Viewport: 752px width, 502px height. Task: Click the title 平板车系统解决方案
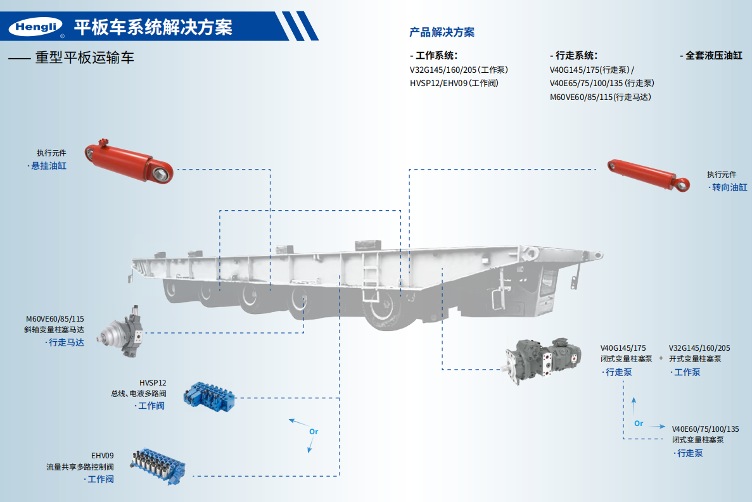[x=153, y=27]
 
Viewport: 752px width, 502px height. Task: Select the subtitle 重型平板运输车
[x=84, y=58]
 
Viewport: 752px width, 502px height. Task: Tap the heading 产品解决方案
[x=442, y=32]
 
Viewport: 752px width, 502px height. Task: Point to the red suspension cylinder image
[x=130, y=160]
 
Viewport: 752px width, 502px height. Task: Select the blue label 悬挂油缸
[x=49, y=166]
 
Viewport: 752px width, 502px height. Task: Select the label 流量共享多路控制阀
[x=79, y=467]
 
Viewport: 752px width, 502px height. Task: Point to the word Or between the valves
[x=313, y=432]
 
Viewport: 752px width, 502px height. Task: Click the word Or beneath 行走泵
[x=639, y=424]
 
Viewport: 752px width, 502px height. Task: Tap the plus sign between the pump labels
[x=660, y=358]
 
